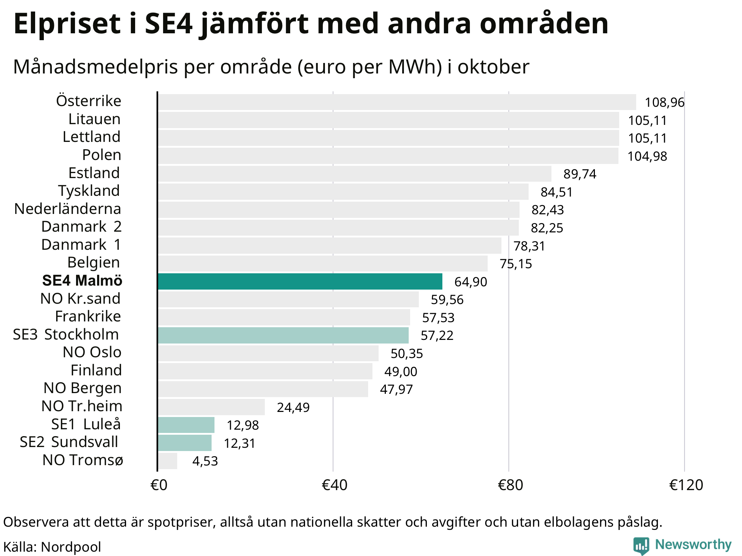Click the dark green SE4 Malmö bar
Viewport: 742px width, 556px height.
tap(300, 281)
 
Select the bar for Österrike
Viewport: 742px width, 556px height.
tap(397, 102)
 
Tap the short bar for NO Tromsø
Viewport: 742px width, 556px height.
tap(168, 461)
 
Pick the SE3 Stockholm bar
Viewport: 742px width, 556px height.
tap(283, 335)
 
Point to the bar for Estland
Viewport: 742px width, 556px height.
tap(354, 174)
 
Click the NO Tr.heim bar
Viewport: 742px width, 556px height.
tap(211, 407)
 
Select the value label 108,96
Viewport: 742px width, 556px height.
tap(664, 102)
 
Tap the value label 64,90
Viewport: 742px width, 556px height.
tap(471, 282)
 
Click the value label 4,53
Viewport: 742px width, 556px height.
tap(205, 461)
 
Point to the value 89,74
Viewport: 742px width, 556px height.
tap(580, 174)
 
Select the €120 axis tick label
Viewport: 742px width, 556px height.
tap(686, 485)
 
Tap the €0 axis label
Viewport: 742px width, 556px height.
tap(159, 485)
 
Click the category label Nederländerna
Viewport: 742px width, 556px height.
tap(68, 209)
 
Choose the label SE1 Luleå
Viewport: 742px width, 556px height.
tap(86, 424)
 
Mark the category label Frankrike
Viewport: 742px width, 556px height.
tap(88, 316)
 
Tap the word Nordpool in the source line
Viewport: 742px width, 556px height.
tap(71, 547)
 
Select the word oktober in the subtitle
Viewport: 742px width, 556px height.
tap(493, 67)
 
